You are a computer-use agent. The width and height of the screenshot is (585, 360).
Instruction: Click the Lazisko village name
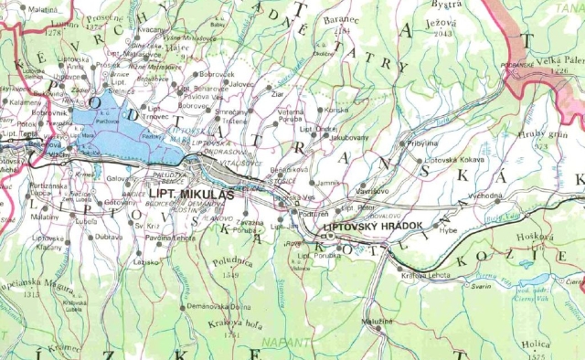coord(145,261)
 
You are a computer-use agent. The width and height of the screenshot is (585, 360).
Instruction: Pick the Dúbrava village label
coord(108,237)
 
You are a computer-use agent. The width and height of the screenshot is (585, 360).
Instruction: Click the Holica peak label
coord(536,344)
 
